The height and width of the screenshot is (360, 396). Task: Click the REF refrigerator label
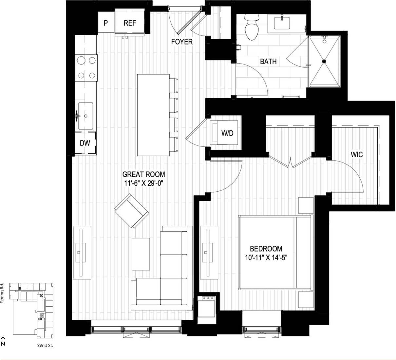click(130, 23)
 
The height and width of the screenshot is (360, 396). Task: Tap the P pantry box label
click(106, 23)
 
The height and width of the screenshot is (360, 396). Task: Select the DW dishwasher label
click(85, 143)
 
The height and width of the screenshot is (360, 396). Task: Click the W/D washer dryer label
click(227, 133)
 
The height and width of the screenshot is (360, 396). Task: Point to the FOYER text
click(182, 42)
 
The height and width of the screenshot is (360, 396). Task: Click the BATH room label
click(268, 61)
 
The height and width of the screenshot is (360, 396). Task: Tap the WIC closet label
click(357, 154)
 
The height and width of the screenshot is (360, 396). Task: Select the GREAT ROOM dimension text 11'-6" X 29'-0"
click(143, 183)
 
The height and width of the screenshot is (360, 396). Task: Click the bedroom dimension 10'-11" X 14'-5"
click(266, 257)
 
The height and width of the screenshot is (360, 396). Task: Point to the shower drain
click(324, 61)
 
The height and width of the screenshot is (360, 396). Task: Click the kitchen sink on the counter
click(85, 116)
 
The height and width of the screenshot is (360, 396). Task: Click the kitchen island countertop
click(153, 115)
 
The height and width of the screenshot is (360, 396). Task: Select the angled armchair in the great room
click(132, 211)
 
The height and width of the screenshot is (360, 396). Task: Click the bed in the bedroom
click(275, 252)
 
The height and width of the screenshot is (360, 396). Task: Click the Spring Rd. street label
click(2, 293)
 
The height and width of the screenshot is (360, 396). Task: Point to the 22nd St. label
click(45, 345)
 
